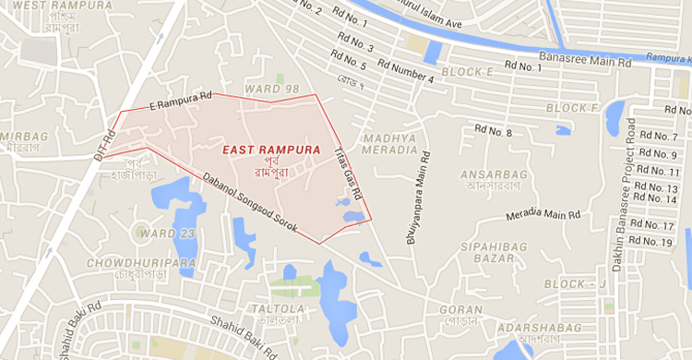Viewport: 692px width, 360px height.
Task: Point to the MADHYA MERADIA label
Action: (x=389, y=144)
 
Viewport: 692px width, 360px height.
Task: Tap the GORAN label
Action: (x=461, y=310)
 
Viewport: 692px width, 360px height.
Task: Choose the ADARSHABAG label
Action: (x=539, y=328)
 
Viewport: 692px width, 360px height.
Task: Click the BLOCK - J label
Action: (x=574, y=283)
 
